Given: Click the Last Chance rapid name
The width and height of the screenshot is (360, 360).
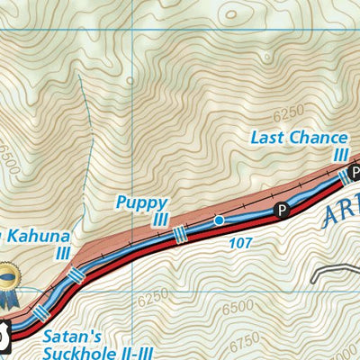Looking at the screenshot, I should point(299,138).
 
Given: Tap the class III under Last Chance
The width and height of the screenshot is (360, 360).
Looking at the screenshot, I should point(340,154).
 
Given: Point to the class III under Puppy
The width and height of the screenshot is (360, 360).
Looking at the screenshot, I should point(160,220).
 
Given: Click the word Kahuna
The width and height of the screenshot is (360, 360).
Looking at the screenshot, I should point(38,238).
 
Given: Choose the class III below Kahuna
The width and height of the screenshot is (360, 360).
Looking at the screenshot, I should point(62,254).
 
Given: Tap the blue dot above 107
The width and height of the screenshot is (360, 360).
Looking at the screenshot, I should point(219,220).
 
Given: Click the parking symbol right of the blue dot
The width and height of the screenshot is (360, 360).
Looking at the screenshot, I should point(282,211).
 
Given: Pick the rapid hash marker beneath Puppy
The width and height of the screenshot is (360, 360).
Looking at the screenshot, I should point(178,233).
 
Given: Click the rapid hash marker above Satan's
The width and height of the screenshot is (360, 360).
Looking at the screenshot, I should point(40,315).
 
